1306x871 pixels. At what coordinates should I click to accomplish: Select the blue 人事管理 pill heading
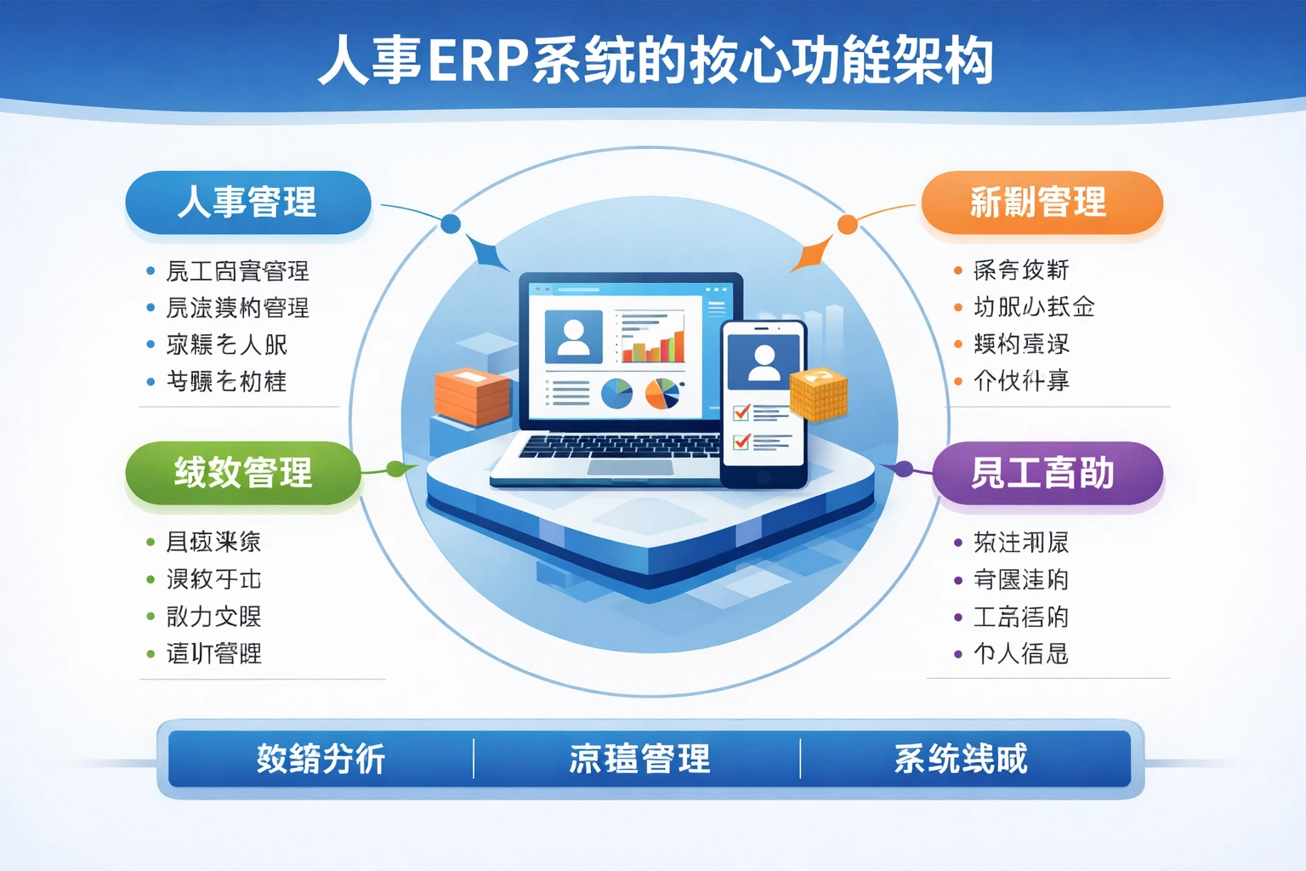(x=247, y=202)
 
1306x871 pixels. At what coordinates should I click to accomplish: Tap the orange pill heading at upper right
(x=1041, y=202)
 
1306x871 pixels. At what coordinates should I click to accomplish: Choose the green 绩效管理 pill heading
(x=243, y=473)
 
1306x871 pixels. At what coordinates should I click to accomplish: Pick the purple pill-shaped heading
(x=1047, y=473)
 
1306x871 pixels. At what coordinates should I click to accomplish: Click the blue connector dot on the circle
(x=451, y=224)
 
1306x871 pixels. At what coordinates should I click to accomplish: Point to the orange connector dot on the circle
(x=848, y=224)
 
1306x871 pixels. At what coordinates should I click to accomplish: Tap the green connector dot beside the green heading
(x=395, y=469)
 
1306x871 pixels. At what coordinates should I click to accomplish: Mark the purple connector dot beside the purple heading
(x=905, y=469)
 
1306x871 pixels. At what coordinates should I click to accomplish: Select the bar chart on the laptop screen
(x=652, y=338)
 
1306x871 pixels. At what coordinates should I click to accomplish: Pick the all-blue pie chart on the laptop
(x=616, y=393)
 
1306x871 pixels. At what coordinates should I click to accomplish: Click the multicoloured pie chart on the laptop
(x=662, y=393)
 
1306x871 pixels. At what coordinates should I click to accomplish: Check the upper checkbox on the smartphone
(x=741, y=413)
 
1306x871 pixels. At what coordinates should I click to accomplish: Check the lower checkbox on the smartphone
(x=741, y=441)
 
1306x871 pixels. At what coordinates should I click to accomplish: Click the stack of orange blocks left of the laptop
(x=472, y=396)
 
